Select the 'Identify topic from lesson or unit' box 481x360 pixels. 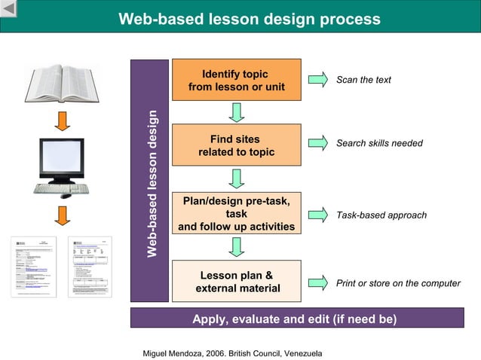tap(236, 80)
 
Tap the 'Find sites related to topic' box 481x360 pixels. tap(236, 145)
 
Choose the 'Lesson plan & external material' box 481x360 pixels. tap(236, 282)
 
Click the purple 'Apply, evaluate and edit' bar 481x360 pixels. tap(294, 319)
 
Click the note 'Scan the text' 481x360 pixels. tap(363, 80)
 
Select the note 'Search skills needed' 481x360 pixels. tap(379, 143)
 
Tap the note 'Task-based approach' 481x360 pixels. tap(381, 215)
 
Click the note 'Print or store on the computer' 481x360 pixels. tap(398, 283)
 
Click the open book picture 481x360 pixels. tap(62, 83)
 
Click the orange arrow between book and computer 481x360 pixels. tap(63, 120)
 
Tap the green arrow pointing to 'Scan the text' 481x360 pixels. tap(318, 79)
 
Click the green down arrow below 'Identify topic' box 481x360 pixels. tap(237, 112)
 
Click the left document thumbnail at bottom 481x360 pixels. tap(32, 267)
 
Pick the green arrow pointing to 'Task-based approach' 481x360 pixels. tap(318, 215)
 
